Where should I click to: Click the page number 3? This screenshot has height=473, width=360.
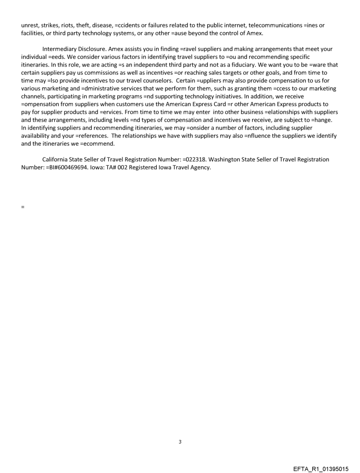pos(180,442)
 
